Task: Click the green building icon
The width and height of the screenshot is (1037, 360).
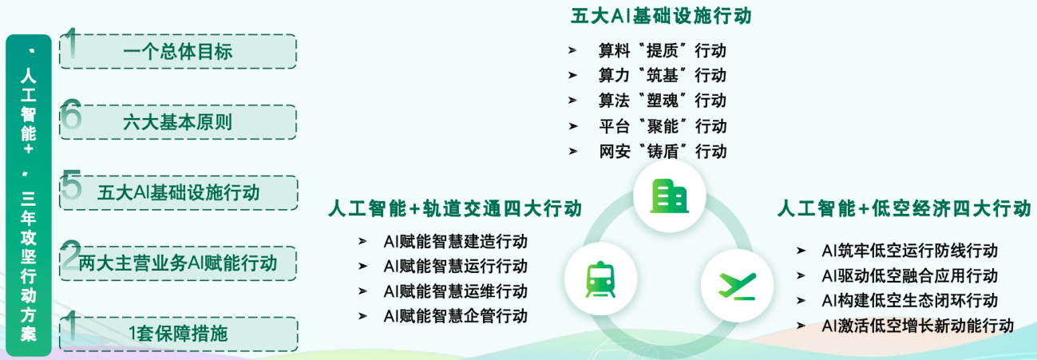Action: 670,196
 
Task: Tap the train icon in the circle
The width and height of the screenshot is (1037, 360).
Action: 600,279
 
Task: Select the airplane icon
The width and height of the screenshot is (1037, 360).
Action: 737,286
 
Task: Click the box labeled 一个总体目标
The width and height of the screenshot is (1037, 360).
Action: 178,51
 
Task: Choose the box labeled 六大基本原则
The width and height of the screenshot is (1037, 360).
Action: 178,122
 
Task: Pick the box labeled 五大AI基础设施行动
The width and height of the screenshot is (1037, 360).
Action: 178,193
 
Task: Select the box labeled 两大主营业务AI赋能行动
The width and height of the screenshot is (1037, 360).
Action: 178,263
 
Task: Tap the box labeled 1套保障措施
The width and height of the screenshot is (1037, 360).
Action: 178,334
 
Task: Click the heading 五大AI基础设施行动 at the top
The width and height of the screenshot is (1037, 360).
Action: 661,16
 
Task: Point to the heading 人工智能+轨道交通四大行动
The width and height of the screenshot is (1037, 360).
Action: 455,208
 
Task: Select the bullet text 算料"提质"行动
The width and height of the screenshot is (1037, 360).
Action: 662,50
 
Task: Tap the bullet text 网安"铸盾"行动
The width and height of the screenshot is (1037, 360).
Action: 663,152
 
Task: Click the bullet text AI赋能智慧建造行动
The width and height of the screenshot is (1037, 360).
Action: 456,242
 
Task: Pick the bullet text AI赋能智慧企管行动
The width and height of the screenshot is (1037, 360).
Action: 456,317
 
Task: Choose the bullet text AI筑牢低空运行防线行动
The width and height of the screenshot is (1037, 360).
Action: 910,251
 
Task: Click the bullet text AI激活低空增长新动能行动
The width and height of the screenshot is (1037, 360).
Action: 918,326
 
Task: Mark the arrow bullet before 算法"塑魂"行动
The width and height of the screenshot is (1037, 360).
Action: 572,100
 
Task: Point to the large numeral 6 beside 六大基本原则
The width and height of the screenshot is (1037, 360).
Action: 71,114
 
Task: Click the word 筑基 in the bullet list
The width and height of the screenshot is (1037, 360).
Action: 662,75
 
